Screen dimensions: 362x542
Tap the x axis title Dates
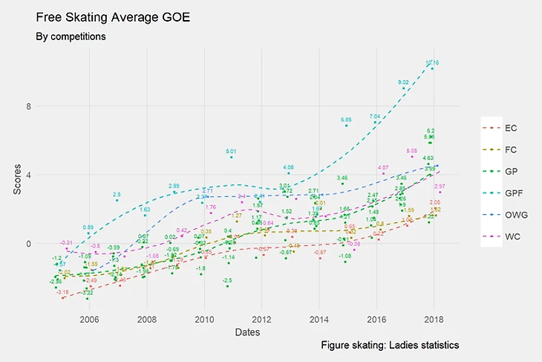(246, 332)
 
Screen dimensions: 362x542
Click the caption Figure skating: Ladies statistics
(391, 346)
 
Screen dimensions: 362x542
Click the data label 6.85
(346, 120)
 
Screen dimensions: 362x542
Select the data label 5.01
(231, 152)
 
